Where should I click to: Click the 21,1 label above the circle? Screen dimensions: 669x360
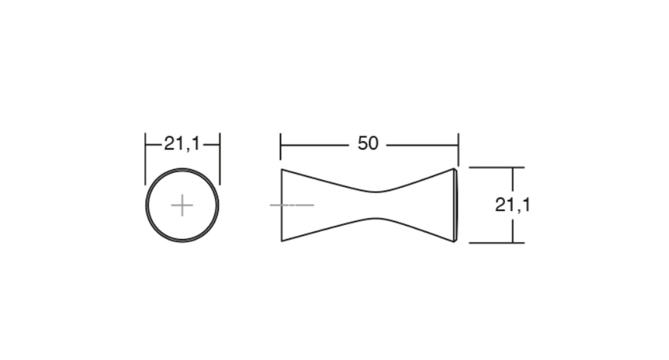click(182, 144)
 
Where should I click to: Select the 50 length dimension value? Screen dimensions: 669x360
click(368, 143)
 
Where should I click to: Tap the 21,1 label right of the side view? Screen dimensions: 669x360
click(512, 205)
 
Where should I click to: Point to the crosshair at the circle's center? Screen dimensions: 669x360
click(182, 205)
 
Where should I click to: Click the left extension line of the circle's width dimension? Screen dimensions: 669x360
click(145, 159)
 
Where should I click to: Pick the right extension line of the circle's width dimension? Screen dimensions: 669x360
click(220, 159)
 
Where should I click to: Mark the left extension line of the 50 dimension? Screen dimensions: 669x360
click(280, 147)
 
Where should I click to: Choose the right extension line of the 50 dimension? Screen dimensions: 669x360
click(458, 149)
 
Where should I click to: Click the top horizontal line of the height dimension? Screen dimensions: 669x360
click(497, 168)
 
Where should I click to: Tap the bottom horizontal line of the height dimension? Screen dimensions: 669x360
click(497, 243)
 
